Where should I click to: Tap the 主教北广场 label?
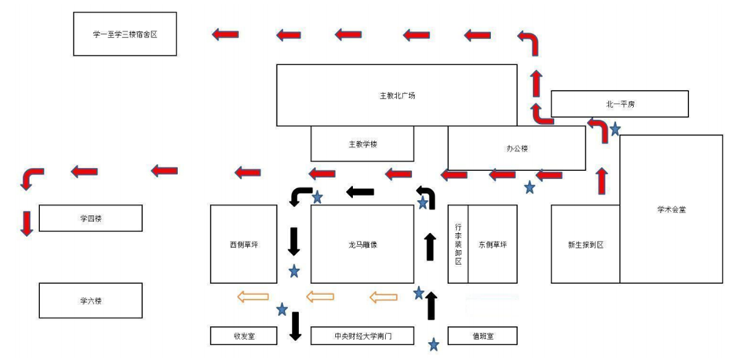[x=396, y=96]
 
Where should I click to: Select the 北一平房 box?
[x=619, y=103]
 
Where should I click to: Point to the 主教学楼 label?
[x=362, y=144]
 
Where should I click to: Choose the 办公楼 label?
[x=516, y=147]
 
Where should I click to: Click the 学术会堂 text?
[x=671, y=209]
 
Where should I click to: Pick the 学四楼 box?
[x=91, y=218]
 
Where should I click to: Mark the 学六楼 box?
[x=91, y=300]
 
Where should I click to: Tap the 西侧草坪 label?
[x=243, y=244]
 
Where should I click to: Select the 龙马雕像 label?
[x=362, y=244]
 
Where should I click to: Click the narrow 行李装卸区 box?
[x=457, y=244]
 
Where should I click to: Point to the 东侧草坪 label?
[x=493, y=244]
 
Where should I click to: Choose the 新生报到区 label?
[x=585, y=244]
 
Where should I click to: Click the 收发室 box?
[x=243, y=336]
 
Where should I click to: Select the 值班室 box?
[x=482, y=336]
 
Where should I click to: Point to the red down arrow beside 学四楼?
[x=27, y=223]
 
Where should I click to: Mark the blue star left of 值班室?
[x=433, y=344]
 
